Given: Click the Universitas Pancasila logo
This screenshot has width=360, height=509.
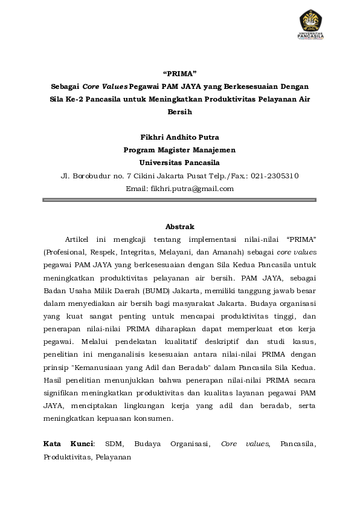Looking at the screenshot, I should coord(311,25).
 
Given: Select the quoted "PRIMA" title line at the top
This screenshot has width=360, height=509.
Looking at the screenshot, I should coord(180,74).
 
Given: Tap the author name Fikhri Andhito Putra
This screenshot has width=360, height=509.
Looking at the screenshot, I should coord(179,137).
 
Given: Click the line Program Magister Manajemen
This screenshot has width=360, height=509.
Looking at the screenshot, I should coord(179,150).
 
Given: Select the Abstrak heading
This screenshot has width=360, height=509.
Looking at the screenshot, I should coord(179,227).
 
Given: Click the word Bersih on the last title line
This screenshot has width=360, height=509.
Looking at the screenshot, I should coord(180,112).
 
